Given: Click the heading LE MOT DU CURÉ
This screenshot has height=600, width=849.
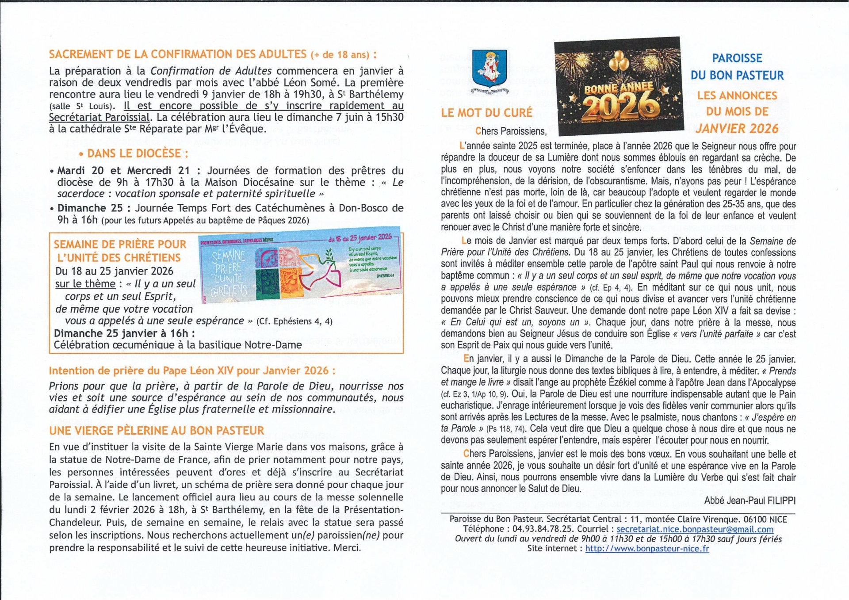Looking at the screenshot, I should [486, 113].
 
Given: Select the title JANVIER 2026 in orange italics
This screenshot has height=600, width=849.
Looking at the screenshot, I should [737, 129].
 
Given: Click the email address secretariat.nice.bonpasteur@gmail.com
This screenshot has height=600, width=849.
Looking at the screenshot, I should [695, 529].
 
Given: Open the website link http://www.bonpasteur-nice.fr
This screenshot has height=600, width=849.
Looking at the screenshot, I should [647, 549].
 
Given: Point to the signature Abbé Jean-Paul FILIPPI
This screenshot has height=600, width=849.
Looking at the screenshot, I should [750, 501].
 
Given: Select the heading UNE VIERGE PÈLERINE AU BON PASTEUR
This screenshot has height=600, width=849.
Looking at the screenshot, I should [157, 431].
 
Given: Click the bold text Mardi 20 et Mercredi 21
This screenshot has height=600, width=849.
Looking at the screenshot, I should [124, 171].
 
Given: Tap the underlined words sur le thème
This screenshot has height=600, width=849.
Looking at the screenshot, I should [85, 284].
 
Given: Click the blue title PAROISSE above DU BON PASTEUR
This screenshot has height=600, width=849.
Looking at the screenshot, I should [737, 58].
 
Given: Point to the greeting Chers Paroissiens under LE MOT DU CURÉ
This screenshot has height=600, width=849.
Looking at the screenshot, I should [511, 131].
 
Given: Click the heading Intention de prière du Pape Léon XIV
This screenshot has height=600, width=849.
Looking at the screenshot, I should [192, 371].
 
